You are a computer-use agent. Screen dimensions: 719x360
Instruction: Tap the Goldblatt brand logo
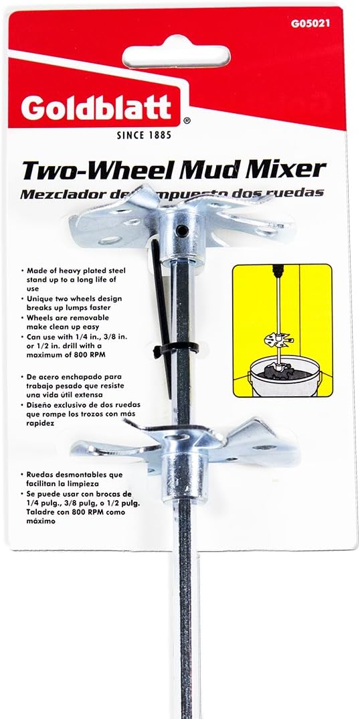click(96, 108)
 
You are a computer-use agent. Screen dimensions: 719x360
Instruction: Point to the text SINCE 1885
click(144, 135)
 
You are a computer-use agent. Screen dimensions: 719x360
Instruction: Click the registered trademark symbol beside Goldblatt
click(187, 121)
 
